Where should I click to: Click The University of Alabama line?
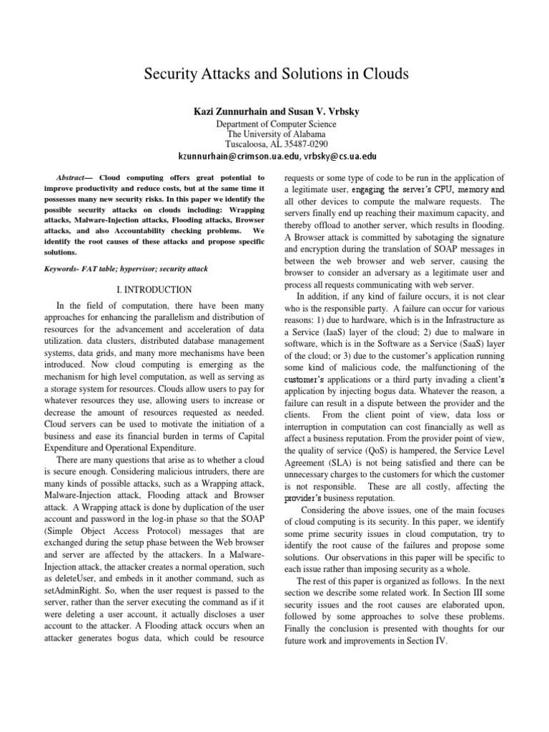click(x=276, y=134)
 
